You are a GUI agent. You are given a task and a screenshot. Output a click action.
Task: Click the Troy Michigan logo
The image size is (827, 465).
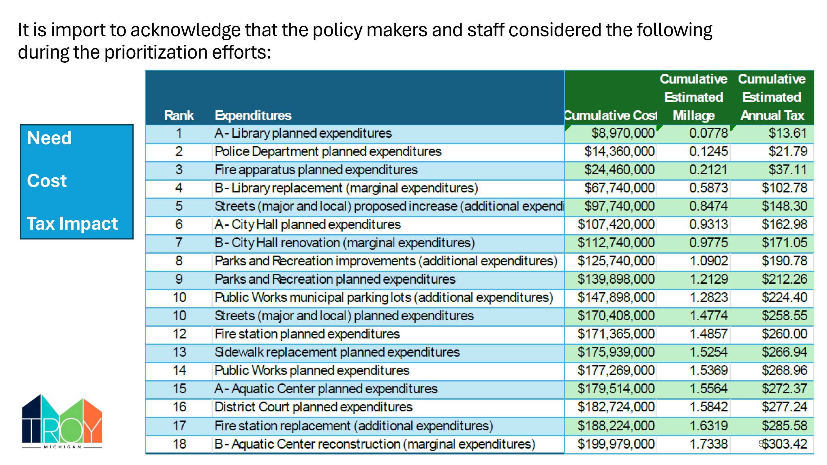point(62,421)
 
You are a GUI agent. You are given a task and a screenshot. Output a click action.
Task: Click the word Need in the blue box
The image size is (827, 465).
point(49,138)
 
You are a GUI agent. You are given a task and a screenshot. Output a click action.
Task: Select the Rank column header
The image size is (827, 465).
point(179,115)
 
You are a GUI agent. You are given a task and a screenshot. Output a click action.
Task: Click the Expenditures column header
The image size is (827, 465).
point(253,115)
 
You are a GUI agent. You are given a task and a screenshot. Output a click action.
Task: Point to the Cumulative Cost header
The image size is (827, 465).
point(611,115)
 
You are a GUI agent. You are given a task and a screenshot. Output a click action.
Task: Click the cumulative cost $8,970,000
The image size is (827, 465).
point(623,133)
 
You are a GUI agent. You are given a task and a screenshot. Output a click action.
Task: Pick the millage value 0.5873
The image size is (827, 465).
point(708,188)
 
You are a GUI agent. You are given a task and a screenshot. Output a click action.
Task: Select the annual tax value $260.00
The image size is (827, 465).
point(784,334)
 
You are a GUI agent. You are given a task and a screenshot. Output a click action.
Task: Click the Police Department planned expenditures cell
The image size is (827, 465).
point(328,152)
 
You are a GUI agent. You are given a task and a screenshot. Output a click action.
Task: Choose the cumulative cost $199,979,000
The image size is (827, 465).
point(616,444)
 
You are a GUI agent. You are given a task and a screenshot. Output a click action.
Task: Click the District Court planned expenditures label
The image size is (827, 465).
point(313,407)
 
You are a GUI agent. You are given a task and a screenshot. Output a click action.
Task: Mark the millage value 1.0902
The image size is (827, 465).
point(709,261)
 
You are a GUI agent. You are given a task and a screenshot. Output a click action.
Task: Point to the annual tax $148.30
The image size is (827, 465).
point(784,206)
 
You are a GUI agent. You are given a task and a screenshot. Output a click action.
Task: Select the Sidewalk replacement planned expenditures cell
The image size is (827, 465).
point(337,352)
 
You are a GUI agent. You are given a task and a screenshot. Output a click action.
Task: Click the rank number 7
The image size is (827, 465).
point(179,243)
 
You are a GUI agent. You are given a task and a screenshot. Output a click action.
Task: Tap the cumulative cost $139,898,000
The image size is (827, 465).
point(616,279)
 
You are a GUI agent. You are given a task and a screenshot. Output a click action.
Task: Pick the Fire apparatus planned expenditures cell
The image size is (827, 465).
point(316,170)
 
